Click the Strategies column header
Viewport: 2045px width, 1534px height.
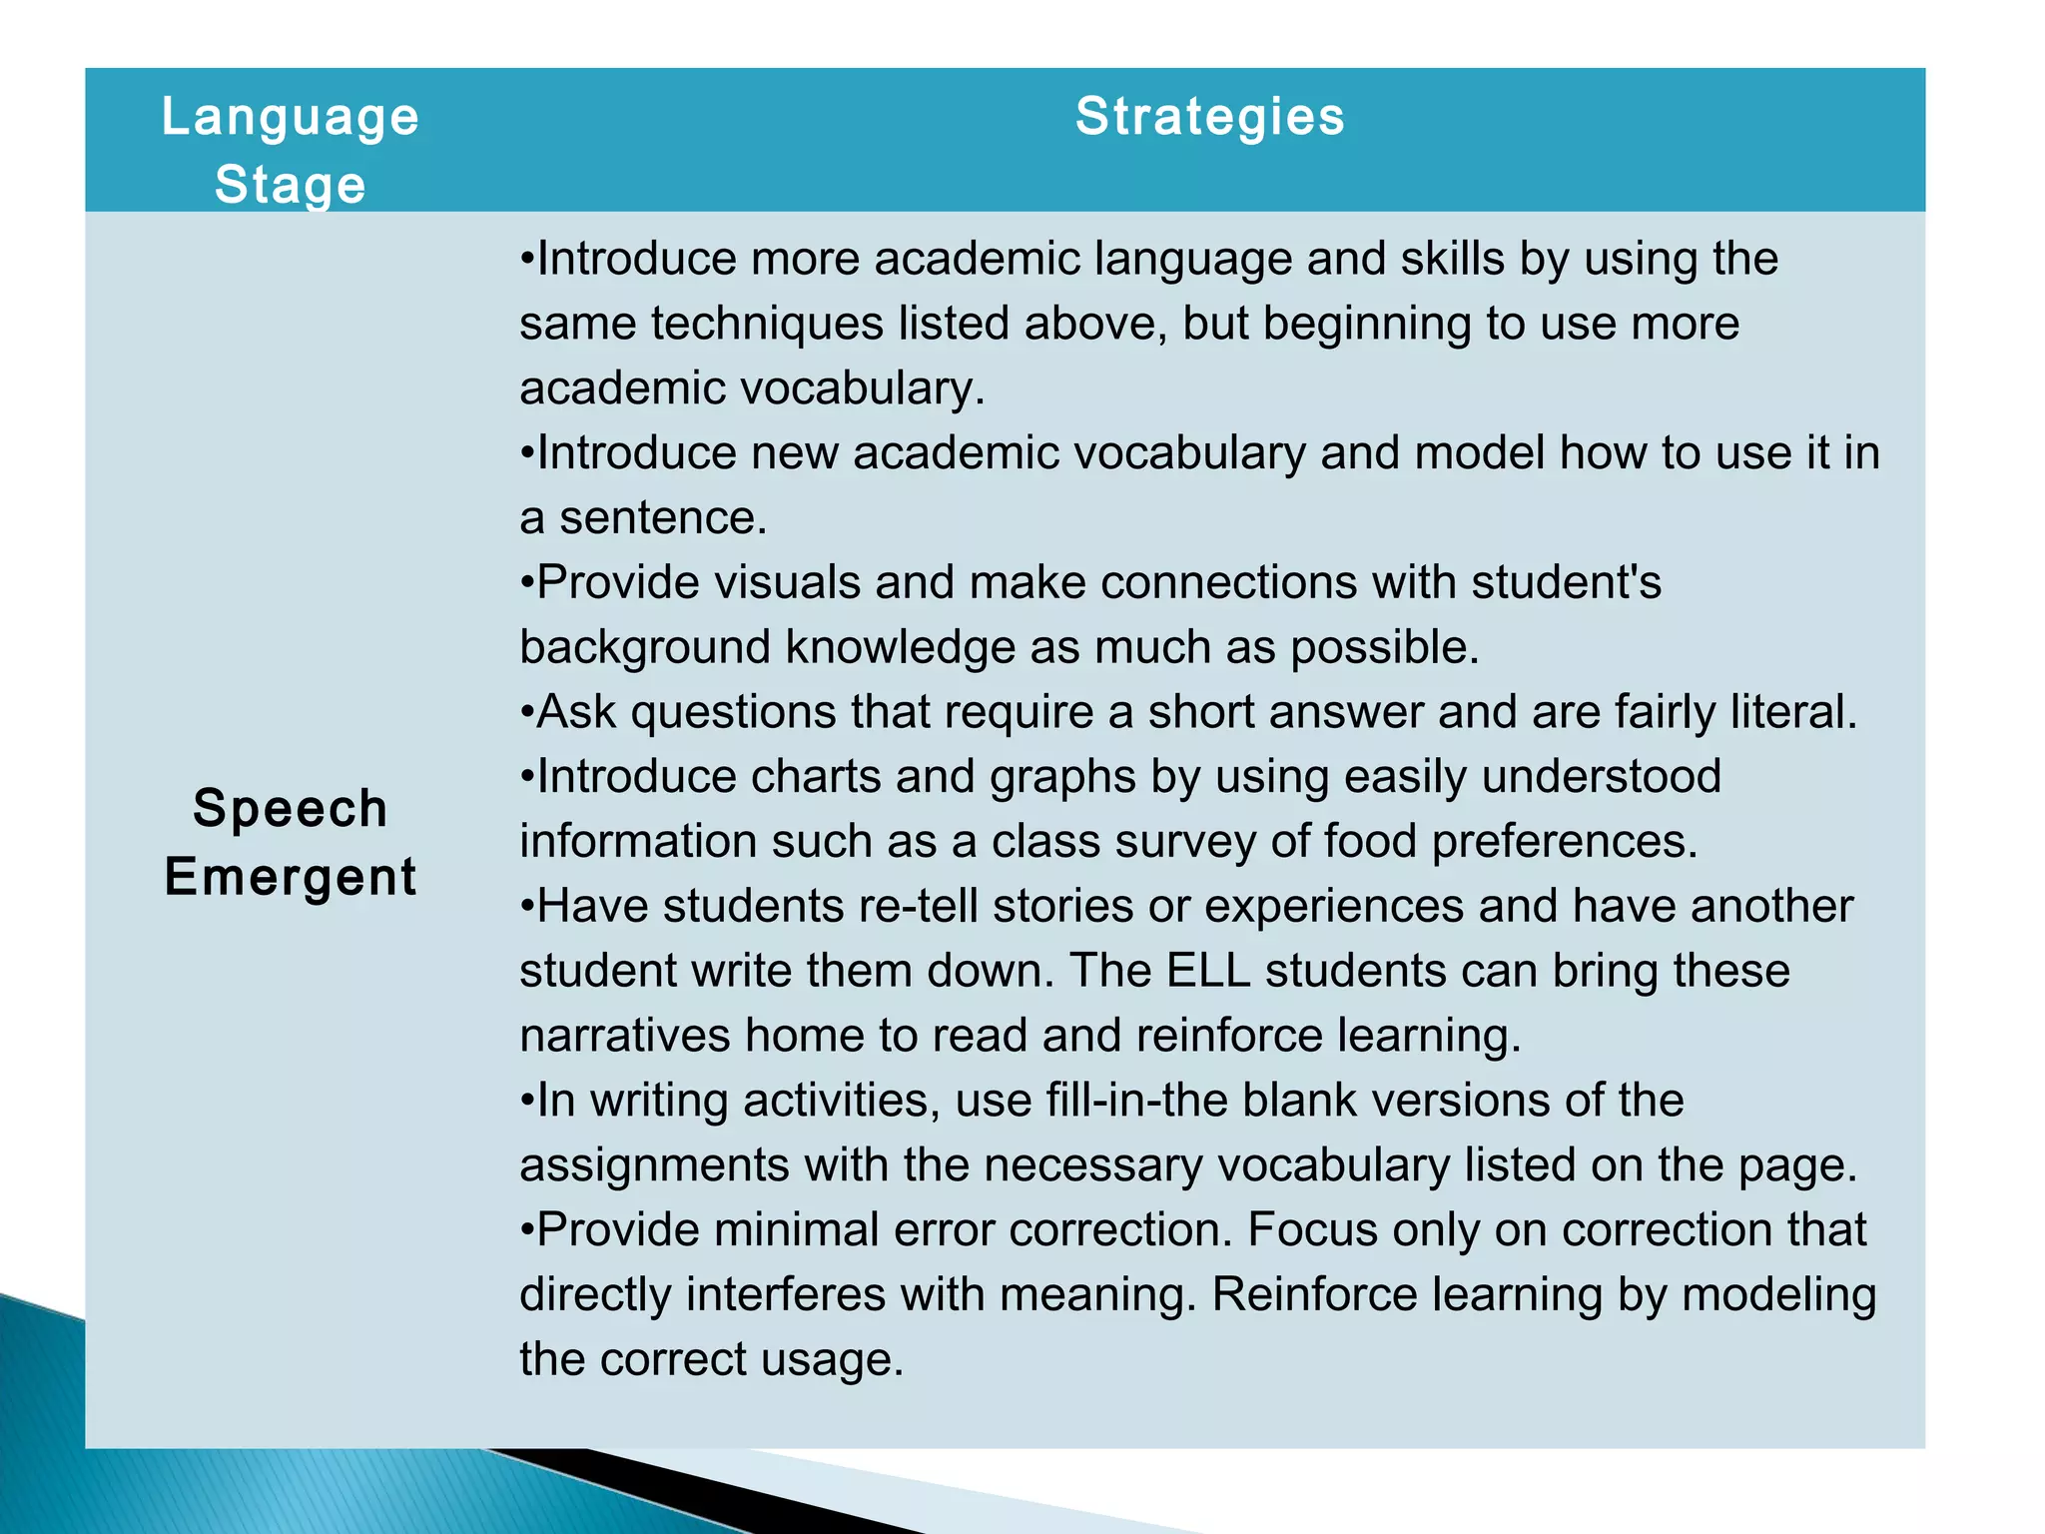click(1209, 117)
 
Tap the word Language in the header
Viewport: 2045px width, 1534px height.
click(290, 118)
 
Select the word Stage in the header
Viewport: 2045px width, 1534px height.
click(290, 186)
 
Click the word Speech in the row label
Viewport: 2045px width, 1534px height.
click(290, 808)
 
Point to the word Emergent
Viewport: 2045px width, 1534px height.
click(290, 877)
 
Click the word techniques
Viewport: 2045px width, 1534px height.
click(767, 324)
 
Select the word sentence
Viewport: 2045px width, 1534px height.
click(662, 518)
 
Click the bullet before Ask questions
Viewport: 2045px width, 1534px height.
click(526, 713)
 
